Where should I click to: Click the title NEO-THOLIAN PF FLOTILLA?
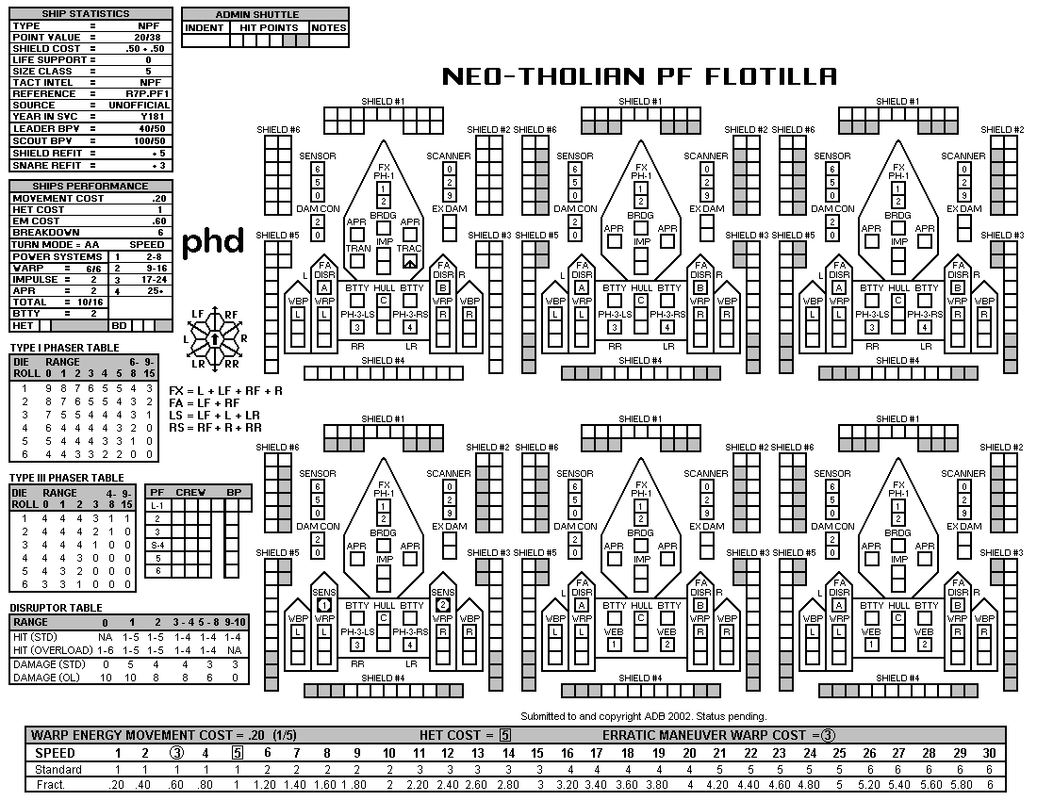(639, 76)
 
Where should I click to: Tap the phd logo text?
(212, 241)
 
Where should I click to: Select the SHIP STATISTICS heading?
(91, 13)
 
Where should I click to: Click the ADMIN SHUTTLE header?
(265, 15)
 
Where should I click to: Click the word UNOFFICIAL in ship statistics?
(141, 106)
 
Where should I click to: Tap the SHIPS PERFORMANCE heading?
(91, 187)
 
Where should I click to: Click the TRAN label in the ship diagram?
(357, 249)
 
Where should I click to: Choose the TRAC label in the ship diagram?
(409, 249)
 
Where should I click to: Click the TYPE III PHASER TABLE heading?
(67, 478)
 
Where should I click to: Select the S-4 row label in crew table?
(158, 545)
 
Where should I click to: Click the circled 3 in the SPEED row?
(176, 753)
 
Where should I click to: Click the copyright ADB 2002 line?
(643, 716)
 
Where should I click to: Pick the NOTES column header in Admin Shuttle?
(329, 28)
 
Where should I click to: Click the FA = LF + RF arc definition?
(205, 402)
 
